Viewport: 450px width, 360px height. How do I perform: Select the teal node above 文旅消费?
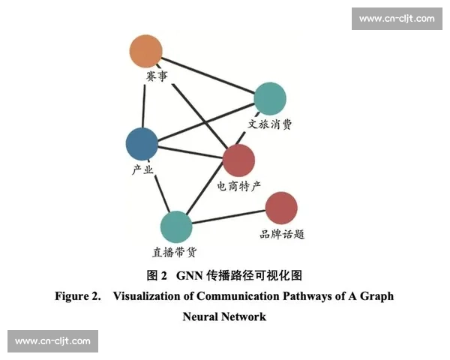(x=270, y=98)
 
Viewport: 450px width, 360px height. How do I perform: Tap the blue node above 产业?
(x=142, y=143)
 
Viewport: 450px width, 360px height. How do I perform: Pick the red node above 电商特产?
(x=239, y=160)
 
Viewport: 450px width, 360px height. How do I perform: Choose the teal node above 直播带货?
(x=176, y=226)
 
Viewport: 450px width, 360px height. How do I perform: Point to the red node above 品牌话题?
(x=281, y=208)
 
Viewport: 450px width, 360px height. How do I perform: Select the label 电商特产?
(x=239, y=185)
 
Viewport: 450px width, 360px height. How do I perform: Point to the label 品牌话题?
(x=282, y=234)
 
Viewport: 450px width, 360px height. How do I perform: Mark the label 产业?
(x=142, y=169)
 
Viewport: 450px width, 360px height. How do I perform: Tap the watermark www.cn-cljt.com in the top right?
(x=396, y=18)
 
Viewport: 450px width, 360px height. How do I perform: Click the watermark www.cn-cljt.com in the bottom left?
(x=52, y=341)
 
